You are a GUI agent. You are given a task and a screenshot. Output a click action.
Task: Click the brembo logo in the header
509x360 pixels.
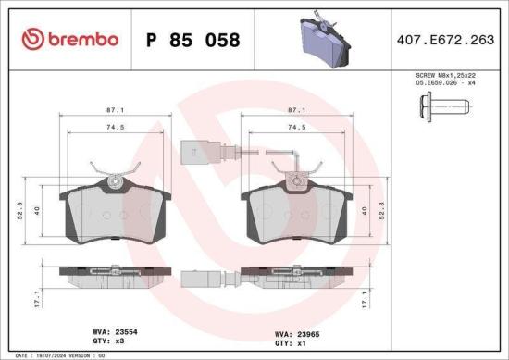point(69,39)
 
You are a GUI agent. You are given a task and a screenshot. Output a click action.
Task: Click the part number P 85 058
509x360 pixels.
point(193,40)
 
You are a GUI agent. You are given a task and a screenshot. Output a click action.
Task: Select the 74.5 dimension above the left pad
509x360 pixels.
point(114,129)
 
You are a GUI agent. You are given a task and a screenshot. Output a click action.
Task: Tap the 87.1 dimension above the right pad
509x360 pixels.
point(297,109)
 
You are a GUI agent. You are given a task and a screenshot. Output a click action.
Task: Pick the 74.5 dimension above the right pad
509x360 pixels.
point(297,129)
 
